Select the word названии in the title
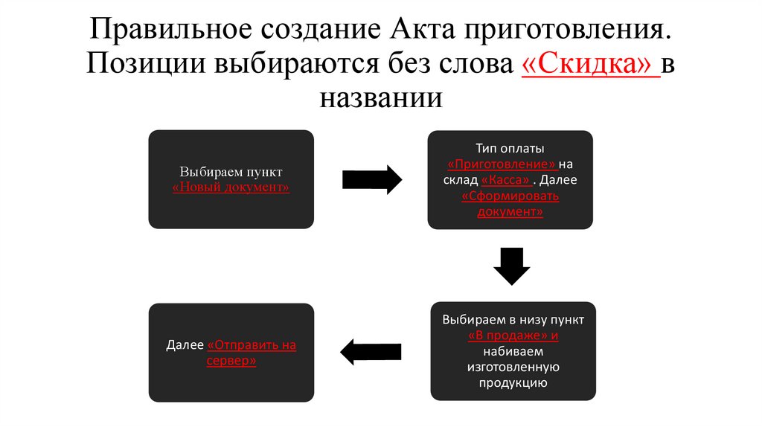coord(381,97)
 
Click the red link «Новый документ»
coord(231,187)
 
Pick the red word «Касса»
coord(507,180)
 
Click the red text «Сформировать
coord(510,196)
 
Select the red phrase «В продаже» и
coord(513,335)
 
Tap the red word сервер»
coord(231,361)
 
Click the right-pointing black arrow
coord(371,179)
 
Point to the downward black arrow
coord(511,265)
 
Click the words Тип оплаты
coord(510,148)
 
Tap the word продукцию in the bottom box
coord(513,383)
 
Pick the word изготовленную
coord(513,367)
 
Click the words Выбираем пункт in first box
coord(231,171)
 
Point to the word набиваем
coord(513,351)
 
